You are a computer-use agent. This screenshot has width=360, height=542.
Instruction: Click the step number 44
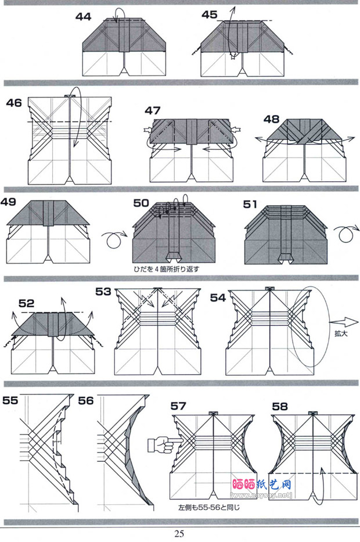(x=83, y=17)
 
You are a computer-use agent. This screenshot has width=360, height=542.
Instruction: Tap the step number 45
(x=210, y=15)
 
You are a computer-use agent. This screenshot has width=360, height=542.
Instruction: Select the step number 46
(x=14, y=103)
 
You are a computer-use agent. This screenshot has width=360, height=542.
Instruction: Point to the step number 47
(x=153, y=110)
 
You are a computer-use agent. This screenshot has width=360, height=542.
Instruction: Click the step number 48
(x=271, y=119)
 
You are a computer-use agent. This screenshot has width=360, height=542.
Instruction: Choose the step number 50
(x=141, y=203)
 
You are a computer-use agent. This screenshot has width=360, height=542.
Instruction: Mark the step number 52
(x=26, y=303)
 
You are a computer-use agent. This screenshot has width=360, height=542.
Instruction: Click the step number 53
(x=103, y=291)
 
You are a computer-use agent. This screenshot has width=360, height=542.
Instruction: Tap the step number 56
(x=85, y=401)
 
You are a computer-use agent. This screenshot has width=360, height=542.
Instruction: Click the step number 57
(x=178, y=405)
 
